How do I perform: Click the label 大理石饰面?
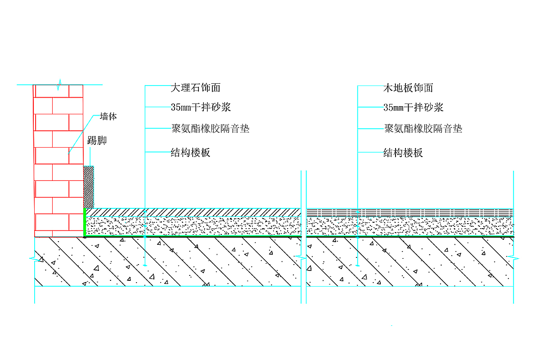pos(196,88)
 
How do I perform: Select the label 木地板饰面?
pos(408,88)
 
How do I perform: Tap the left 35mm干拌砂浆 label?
pos(201,108)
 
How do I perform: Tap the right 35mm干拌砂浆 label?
pos(414,108)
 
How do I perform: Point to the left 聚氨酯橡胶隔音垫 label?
pos(210,129)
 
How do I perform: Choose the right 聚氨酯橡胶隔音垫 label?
pos(423,129)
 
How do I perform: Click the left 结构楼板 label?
pos(191,153)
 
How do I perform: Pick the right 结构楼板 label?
pos(403,153)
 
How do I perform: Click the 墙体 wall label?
pos(108,117)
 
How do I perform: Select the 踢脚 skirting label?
pos(97,141)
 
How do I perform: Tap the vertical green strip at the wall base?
pos(85,222)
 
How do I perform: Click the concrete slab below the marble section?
pos(180,261)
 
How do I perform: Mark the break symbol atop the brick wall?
pos(59,84)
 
